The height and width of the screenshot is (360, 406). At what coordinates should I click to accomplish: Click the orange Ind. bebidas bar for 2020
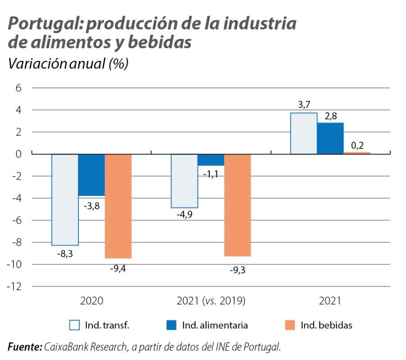(x=118, y=206)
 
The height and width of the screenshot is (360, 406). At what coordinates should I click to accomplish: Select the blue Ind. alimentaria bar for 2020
(x=92, y=175)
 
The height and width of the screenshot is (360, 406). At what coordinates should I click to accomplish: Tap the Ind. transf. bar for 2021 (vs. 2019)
(x=184, y=180)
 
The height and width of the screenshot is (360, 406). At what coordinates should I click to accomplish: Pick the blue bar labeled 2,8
(x=330, y=138)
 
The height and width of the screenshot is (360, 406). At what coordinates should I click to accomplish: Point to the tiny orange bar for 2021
(x=357, y=153)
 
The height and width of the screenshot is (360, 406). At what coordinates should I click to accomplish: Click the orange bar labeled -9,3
(x=237, y=205)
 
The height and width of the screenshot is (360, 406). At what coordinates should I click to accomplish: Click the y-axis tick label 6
(x=18, y=88)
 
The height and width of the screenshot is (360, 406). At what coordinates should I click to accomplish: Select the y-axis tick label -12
(x=15, y=286)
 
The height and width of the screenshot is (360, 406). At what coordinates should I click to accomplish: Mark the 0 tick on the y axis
(x=18, y=154)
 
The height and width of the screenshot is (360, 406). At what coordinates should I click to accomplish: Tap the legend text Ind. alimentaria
(x=215, y=325)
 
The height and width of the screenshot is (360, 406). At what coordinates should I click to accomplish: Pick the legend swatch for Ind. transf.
(x=74, y=325)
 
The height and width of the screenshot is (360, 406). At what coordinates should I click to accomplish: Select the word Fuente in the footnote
(x=24, y=346)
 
